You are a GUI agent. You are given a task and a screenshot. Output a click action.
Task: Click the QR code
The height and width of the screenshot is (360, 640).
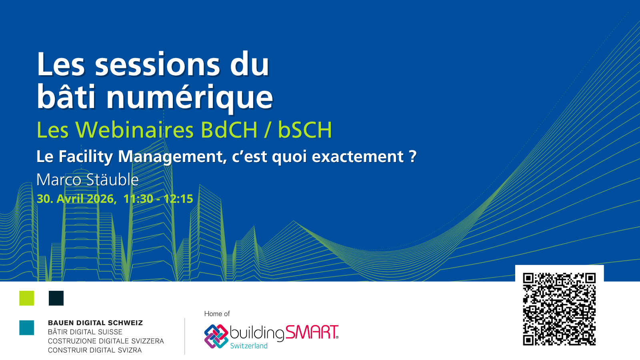pyautogui.click(x=559, y=309)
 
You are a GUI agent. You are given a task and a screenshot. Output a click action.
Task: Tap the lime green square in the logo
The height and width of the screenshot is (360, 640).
pyautogui.click(x=26, y=298)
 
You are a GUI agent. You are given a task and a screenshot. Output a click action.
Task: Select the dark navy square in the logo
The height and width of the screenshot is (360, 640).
pyautogui.click(x=56, y=298)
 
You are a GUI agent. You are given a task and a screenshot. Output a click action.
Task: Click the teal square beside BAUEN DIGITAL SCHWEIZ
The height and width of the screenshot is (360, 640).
pyautogui.click(x=26, y=328)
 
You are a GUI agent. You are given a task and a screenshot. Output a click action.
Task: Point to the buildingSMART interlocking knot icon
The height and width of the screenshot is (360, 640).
pyautogui.click(x=216, y=336)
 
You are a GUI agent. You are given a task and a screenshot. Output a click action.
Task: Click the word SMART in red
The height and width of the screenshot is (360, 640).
pyautogui.click(x=312, y=332)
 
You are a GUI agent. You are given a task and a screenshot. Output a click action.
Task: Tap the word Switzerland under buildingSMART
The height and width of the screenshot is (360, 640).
pyautogui.click(x=249, y=346)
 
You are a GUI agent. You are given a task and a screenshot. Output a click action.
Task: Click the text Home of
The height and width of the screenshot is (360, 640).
pyautogui.click(x=217, y=314)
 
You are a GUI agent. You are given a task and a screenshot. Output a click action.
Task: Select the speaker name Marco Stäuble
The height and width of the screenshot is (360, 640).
pyautogui.click(x=88, y=180)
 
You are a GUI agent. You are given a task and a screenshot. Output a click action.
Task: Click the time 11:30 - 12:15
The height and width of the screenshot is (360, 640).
pyautogui.click(x=158, y=199)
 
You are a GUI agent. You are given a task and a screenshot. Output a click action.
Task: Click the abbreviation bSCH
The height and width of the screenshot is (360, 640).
pyautogui.click(x=305, y=130)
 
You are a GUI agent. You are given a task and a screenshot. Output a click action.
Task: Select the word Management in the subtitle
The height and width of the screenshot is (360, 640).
pyautogui.click(x=170, y=157)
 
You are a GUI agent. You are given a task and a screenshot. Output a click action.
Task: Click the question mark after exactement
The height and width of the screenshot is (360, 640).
pyautogui.click(x=412, y=156)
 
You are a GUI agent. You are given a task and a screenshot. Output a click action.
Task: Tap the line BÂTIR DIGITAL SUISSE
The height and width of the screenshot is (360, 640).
pyautogui.click(x=85, y=332)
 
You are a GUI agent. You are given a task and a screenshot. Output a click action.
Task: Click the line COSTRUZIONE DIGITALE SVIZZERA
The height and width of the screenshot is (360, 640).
pyautogui.click(x=106, y=341)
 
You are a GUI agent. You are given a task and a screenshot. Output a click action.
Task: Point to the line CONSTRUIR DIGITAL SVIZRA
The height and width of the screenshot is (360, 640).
pyautogui.click(x=95, y=350)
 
